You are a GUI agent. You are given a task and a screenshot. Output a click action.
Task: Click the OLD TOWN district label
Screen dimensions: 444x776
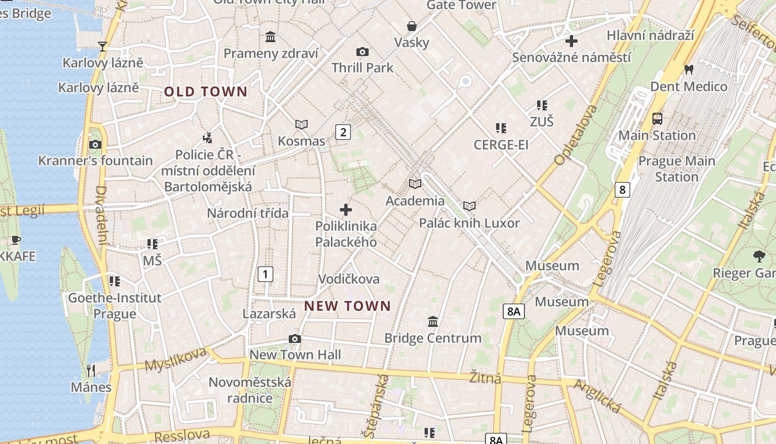pos(206,92)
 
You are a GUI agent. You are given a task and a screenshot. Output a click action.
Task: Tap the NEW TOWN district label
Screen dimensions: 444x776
pos(348,306)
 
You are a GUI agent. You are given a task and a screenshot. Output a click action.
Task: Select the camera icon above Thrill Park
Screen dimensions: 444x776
pos(363,52)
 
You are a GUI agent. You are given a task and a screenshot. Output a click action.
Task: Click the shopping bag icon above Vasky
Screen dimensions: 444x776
pos(412,26)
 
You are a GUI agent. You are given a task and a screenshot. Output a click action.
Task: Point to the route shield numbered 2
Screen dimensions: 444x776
pos(343,132)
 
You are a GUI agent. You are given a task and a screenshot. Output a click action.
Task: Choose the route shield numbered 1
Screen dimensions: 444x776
pos(266,274)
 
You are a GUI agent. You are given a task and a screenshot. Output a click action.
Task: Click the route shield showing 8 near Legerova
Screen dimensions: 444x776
pos(622,190)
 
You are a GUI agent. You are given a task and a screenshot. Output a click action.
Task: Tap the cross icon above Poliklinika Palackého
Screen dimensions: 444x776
pos(346,210)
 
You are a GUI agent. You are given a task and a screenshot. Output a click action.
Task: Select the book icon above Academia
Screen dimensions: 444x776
pos(415,184)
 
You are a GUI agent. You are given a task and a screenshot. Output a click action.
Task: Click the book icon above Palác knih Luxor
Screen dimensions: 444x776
pos(469,206)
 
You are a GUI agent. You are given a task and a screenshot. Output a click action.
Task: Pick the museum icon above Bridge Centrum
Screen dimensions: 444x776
pos(433,321)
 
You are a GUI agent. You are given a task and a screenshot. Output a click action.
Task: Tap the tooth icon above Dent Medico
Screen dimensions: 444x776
pos(689,70)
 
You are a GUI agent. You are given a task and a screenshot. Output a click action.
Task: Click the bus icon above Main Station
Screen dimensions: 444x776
pos(657,118)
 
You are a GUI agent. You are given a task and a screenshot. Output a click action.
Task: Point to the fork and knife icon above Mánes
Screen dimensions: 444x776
pos(91,370)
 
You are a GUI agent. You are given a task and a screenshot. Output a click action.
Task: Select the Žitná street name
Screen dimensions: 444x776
pos(485,378)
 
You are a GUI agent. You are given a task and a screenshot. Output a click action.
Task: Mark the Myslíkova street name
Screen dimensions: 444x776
pos(176,359)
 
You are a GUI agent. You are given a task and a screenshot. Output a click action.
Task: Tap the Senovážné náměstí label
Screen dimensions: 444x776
pos(571,58)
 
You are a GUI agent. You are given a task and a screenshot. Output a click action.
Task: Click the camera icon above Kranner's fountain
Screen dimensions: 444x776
pos(95,144)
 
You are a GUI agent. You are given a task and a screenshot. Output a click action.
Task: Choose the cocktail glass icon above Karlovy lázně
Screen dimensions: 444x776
pos(103,46)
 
